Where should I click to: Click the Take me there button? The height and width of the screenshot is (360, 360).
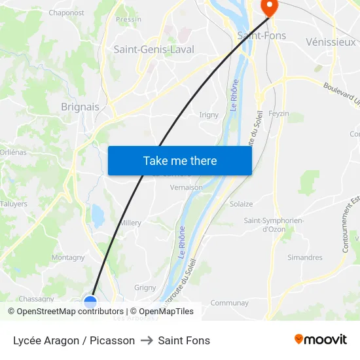tap(180, 161)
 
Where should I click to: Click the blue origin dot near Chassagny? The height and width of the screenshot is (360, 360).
tap(90, 302)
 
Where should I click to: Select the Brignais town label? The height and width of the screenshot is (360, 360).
tap(80, 107)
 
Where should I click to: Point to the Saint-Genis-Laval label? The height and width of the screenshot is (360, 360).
tap(154, 49)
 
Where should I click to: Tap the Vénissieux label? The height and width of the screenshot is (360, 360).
tap(331, 42)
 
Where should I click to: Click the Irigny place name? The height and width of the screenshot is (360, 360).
tap(209, 115)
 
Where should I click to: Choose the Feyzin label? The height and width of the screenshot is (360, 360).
tap(278, 113)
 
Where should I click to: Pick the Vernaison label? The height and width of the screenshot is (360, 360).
tap(186, 187)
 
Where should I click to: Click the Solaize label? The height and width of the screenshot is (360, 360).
tap(241, 204)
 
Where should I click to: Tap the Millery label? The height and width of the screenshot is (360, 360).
tap(130, 223)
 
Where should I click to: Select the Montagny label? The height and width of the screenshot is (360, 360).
tap(68, 258)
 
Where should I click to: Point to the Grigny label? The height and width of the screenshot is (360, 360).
tap(145, 287)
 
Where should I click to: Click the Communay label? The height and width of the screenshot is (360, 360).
tap(229, 303)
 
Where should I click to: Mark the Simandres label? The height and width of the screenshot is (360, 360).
tap(305, 258)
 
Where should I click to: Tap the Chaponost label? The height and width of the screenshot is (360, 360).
tap(66, 12)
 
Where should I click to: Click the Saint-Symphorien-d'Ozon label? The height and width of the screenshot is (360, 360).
tap(274, 225)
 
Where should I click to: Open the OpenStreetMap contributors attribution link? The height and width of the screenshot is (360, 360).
tap(70, 312)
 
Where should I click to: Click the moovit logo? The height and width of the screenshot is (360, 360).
tap(321, 339)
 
